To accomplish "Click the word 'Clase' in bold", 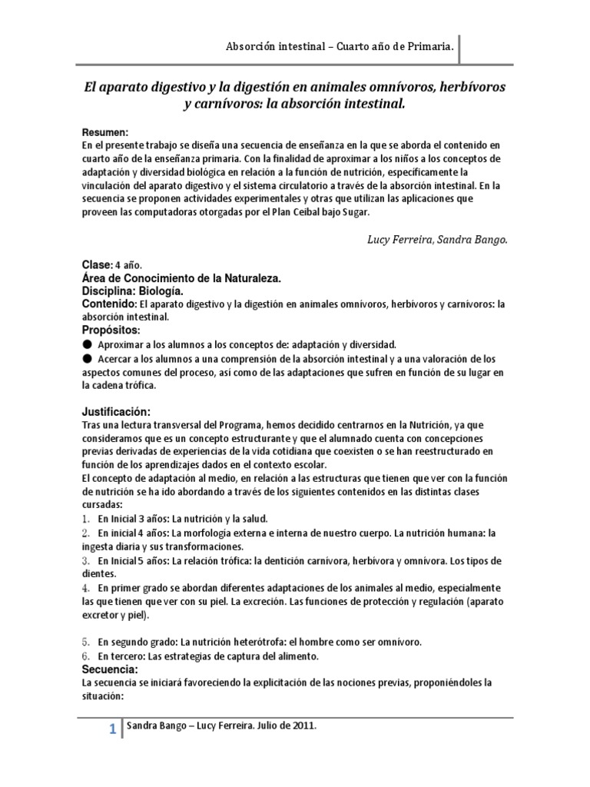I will (96, 264).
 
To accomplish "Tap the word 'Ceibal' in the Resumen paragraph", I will (289, 211).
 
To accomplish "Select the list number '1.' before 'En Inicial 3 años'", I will (86, 519).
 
